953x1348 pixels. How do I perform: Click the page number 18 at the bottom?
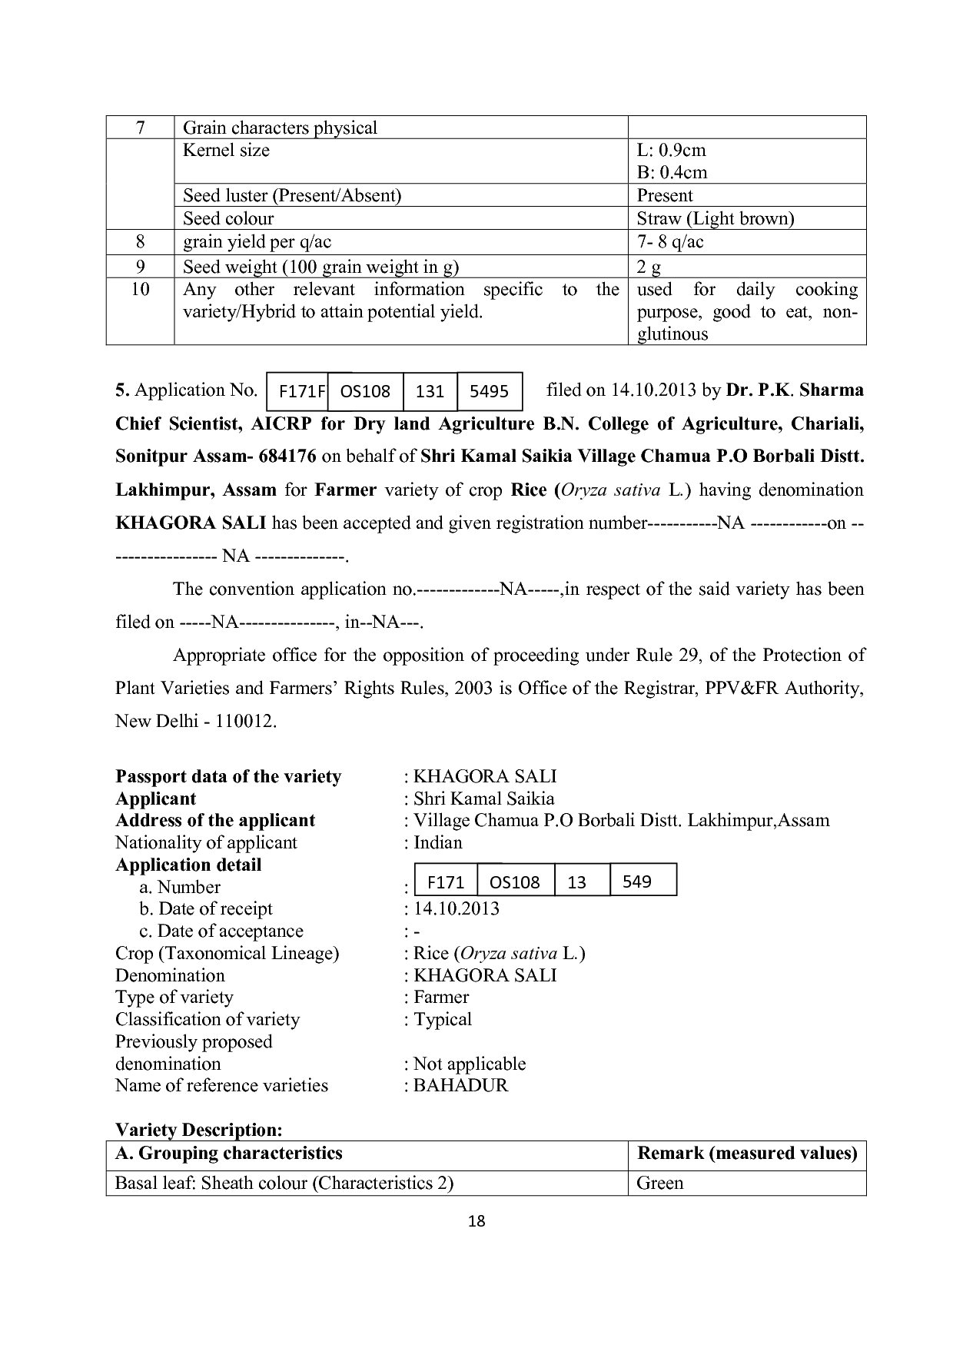(x=476, y=1221)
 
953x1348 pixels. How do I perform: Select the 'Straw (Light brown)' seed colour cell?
(x=715, y=219)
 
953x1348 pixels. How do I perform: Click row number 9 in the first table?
(x=140, y=267)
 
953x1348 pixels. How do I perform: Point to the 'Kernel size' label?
(x=226, y=151)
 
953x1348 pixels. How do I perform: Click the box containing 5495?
(x=489, y=392)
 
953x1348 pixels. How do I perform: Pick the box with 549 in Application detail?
(x=637, y=882)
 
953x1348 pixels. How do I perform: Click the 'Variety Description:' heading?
(x=199, y=1130)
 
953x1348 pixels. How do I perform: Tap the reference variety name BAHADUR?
(x=460, y=1085)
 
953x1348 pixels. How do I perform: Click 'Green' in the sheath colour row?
(x=660, y=1183)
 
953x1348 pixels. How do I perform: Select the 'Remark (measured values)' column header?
(x=747, y=1153)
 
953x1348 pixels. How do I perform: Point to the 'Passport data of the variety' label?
(x=228, y=776)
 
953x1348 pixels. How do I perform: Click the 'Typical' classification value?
(x=443, y=1019)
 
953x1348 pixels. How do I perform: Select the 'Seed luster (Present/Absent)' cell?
(x=292, y=196)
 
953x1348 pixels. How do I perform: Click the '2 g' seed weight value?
(x=649, y=267)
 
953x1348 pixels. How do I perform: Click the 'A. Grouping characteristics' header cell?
(x=228, y=1153)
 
